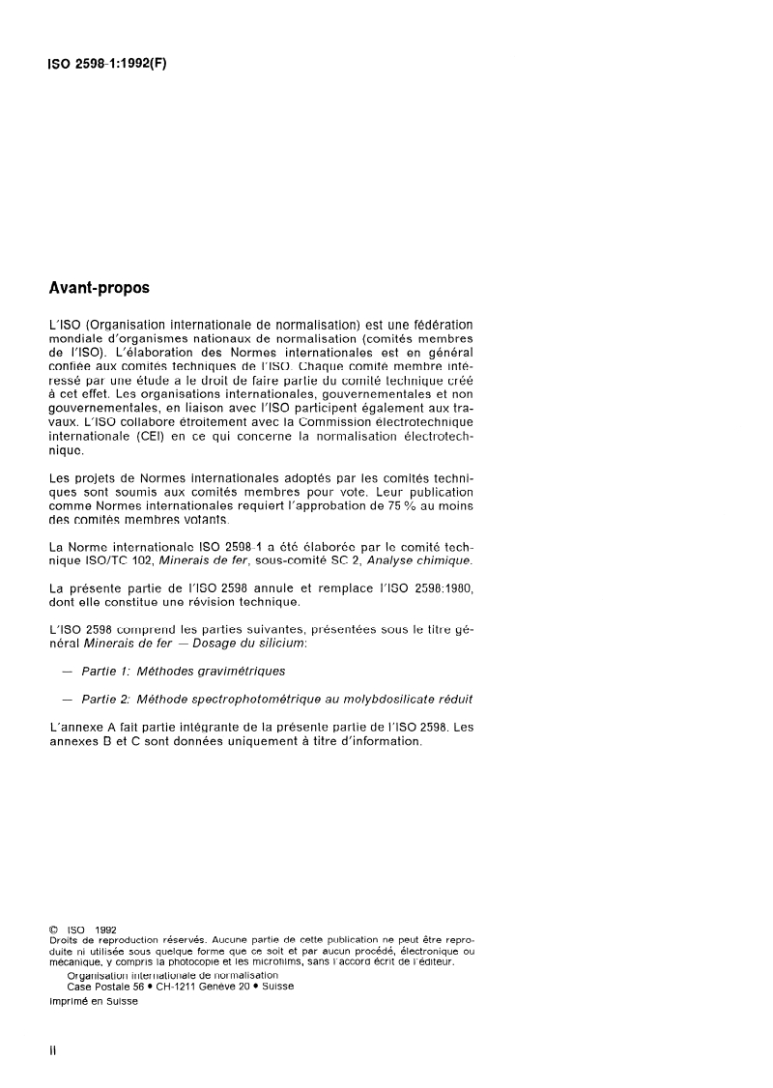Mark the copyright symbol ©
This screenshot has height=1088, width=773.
pos(54,930)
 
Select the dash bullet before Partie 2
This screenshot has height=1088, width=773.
pos(66,697)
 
